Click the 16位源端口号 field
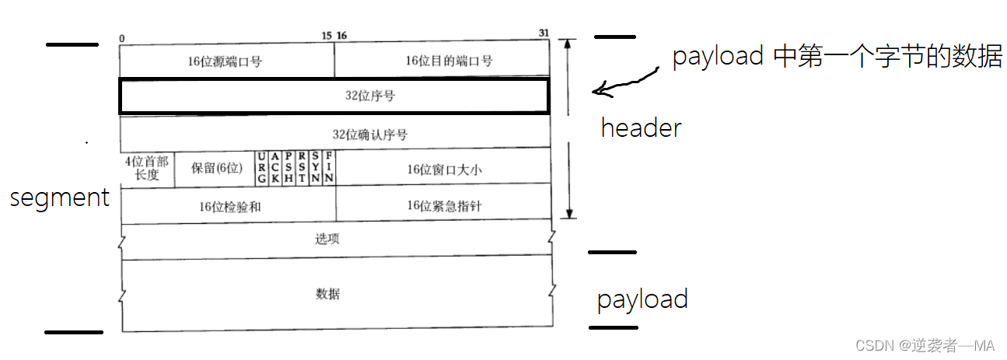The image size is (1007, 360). point(226,61)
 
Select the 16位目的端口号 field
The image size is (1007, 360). point(442,61)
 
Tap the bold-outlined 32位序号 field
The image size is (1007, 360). point(334,96)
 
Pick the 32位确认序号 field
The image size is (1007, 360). point(334,134)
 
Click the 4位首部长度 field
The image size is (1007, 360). point(146,168)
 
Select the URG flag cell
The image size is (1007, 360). point(262,168)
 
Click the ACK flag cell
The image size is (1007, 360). point(275,168)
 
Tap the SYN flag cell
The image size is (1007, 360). point(316,168)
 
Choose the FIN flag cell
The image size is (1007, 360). point(329,168)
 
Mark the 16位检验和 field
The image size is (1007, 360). point(227,205)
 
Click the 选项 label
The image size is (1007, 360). point(327,239)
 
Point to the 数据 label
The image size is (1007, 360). point(327,294)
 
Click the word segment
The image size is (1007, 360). point(59,197)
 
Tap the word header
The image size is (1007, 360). point(641,128)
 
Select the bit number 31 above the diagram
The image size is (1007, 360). point(544,33)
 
